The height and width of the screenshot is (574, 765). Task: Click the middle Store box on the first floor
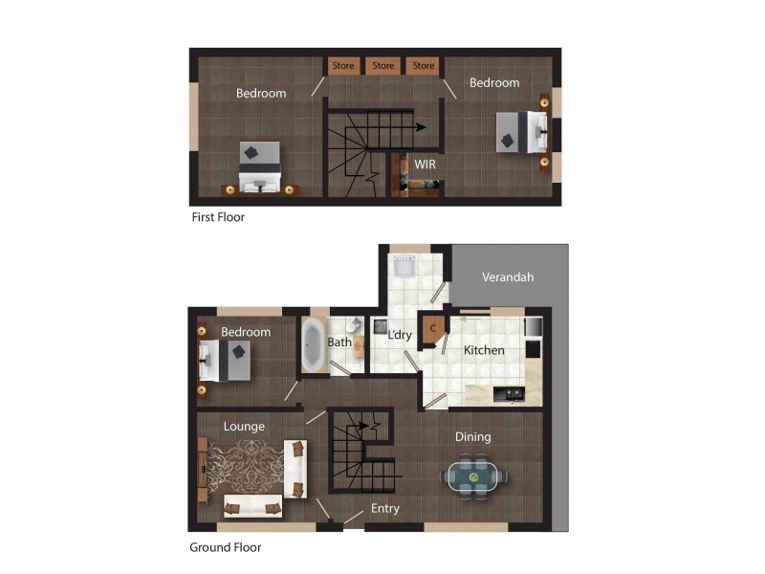383,66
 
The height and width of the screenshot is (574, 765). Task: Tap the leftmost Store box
343,66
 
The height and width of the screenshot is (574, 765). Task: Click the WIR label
426,164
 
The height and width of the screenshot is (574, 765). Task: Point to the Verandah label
507,276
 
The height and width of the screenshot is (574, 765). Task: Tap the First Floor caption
218,217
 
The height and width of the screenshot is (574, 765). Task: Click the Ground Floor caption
226,547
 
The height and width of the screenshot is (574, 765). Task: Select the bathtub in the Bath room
313,345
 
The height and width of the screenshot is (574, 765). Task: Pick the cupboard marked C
432,328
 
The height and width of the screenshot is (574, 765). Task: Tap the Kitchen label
484,350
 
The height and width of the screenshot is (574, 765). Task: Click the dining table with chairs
473,475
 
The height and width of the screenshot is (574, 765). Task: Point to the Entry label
384,508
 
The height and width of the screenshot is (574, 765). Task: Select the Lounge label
244,426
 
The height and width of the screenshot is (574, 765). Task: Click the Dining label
472,436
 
